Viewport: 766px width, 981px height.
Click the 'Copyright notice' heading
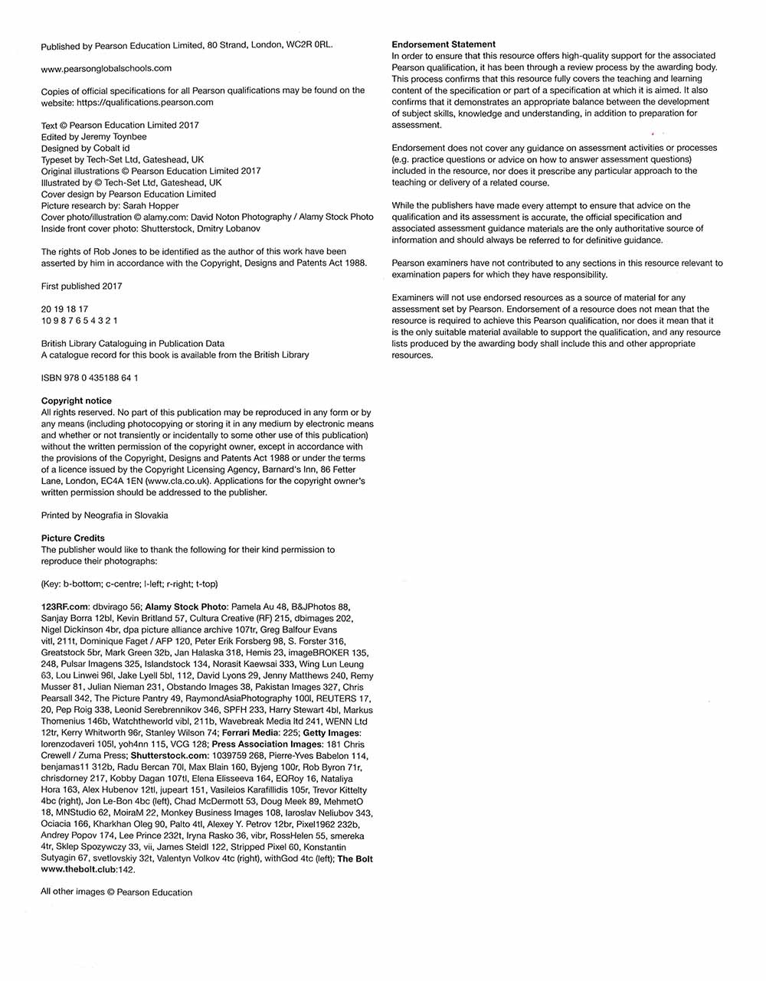(76, 401)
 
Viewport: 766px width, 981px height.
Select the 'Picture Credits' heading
(73, 538)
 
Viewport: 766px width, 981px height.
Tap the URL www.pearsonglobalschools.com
(106, 68)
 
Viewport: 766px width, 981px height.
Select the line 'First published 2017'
(81, 286)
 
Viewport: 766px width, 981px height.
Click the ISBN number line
(90, 378)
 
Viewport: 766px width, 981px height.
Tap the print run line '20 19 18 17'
(64, 309)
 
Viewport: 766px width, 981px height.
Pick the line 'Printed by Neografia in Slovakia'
(104, 515)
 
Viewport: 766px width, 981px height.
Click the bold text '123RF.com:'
(65, 607)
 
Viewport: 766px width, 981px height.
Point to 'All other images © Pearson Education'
(116, 892)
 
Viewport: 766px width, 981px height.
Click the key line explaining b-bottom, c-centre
(129, 584)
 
